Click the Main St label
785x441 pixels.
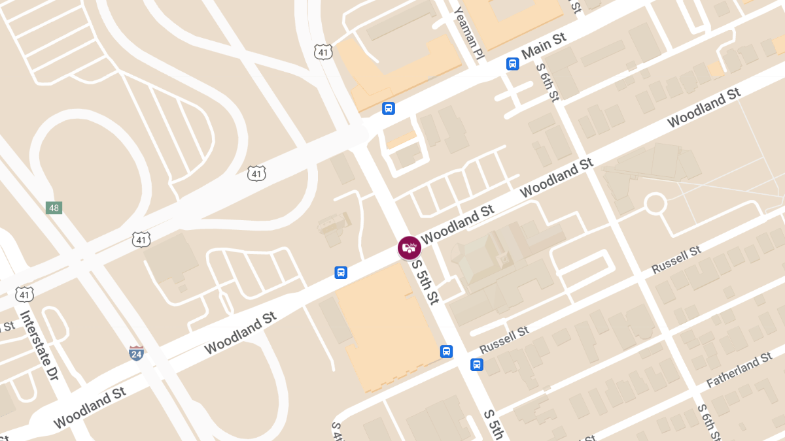tap(544, 45)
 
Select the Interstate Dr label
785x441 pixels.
tap(39, 345)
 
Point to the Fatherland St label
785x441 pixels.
tap(739, 370)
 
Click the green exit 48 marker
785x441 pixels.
tap(54, 208)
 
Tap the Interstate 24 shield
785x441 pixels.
tap(136, 353)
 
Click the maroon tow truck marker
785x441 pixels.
tap(410, 248)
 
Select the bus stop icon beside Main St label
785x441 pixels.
tap(512, 64)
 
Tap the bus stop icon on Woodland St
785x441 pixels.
tap(341, 272)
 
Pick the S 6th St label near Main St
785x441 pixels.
tap(548, 82)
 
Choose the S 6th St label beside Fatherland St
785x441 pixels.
tap(708, 422)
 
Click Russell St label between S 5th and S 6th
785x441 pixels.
tap(504, 340)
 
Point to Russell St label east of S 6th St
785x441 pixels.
tap(676, 259)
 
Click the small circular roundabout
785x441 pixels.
tap(655, 204)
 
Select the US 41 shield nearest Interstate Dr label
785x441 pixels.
tap(25, 295)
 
